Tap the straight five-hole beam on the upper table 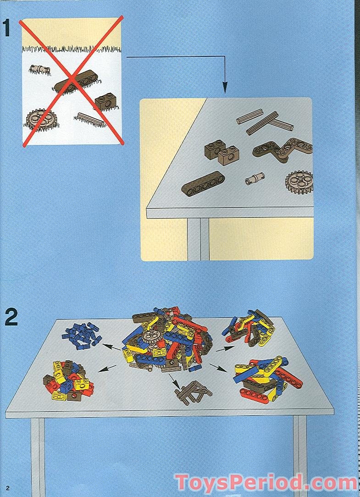(203, 182)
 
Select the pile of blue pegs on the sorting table (82, 335)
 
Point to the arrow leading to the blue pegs (111, 348)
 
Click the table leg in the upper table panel (198, 239)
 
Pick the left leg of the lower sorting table (37, 457)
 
